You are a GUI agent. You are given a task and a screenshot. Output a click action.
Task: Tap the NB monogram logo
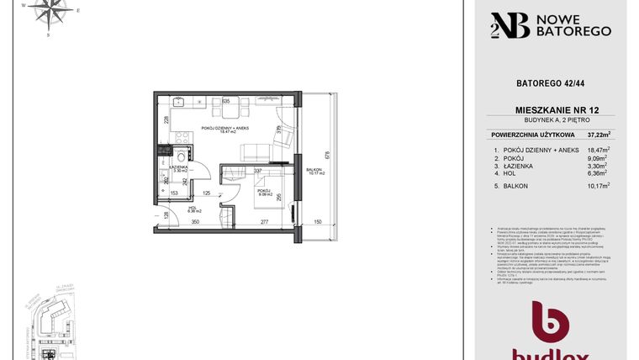[x=511, y=25]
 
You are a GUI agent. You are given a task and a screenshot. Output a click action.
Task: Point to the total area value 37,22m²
[x=599, y=135]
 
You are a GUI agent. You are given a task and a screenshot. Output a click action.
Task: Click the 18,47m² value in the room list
[x=599, y=149]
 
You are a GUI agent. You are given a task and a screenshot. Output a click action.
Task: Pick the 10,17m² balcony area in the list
[x=599, y=186]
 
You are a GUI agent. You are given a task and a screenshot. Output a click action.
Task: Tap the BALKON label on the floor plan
[x=314, y=172]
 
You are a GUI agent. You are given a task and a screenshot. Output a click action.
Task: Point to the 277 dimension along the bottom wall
[x=263, y=222]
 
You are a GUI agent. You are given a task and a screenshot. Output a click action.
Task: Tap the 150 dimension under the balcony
[x=317, y=222]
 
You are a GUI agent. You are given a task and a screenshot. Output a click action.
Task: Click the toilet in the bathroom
[x=181, y=157]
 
